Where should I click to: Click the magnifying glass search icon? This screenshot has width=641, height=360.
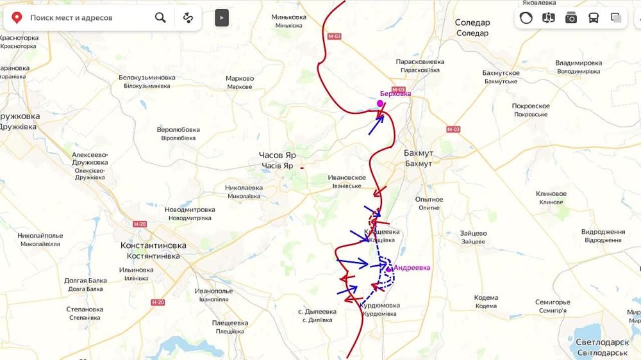pos(160,17)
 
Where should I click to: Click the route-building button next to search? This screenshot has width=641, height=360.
pos(188,17)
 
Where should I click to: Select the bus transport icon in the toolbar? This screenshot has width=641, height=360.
pos(594,18)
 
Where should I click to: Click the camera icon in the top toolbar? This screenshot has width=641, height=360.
pos(571,18)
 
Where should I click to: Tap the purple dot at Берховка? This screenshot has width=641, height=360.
pos(380,103)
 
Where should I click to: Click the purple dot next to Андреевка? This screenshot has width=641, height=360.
pos(388,269)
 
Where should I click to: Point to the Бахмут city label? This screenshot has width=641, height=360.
pos(419,153)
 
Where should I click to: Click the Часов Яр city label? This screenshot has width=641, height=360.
pos(277,155)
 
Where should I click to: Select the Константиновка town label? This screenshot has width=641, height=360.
pos(153,245)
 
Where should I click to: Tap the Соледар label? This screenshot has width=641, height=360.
pos(472,22)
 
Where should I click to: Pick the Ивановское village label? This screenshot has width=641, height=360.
pos(346,177)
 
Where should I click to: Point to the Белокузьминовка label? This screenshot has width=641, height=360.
pos(147,78)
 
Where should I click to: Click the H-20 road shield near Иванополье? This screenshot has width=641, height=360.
pos(158,302)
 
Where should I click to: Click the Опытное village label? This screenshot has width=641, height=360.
pos(429,199)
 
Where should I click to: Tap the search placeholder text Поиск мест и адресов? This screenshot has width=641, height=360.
pos(71,18)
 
